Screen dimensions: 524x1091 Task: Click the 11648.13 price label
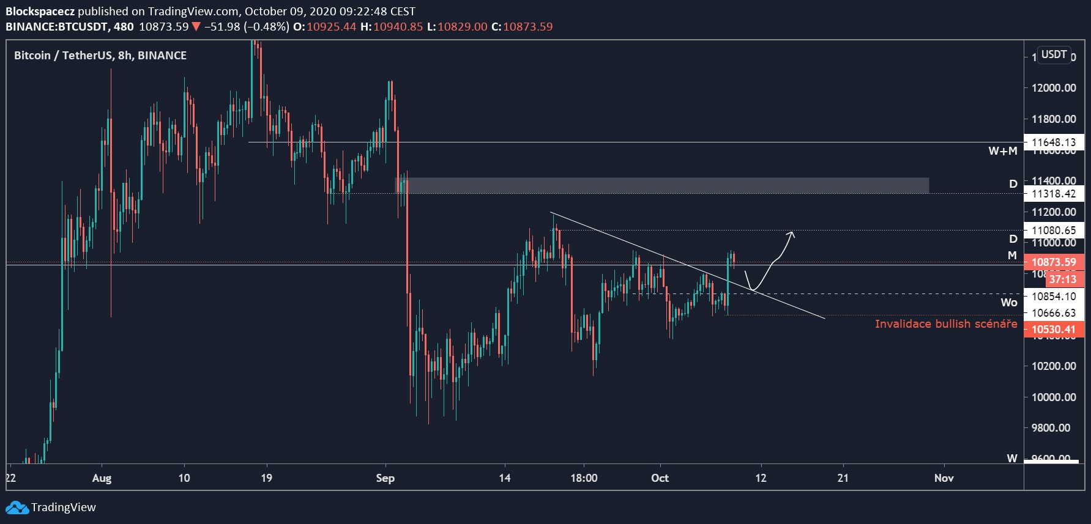click(1053, 142)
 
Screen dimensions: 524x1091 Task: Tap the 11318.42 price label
click(1053, 194)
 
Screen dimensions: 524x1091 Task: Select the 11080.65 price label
click(1053, 231)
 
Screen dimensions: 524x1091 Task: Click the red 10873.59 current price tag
click(1053, 262)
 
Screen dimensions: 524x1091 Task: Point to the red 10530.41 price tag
click(1053, 330)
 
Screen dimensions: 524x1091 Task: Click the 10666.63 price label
click(1053, 313)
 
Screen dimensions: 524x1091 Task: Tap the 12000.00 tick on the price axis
click(1053, 88)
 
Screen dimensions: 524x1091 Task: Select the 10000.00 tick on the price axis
click(1053, 397)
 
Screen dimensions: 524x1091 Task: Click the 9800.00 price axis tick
click(1053, 428)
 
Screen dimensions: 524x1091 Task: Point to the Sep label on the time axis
click(385, 478)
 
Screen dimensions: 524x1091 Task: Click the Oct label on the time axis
click(660, 478)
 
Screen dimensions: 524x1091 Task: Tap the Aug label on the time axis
click(102, 478)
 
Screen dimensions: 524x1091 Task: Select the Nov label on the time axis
click(944, 478)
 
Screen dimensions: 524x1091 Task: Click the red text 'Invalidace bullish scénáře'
click(945, 324)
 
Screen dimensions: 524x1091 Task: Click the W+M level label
click(1002, 151)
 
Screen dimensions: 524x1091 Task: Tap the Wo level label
click(1008, 303)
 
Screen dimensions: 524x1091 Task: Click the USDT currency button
click(1054, 54)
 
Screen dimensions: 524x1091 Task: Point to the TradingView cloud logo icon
click(17, 507)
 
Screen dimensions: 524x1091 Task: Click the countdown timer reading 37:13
click(1062, 279)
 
